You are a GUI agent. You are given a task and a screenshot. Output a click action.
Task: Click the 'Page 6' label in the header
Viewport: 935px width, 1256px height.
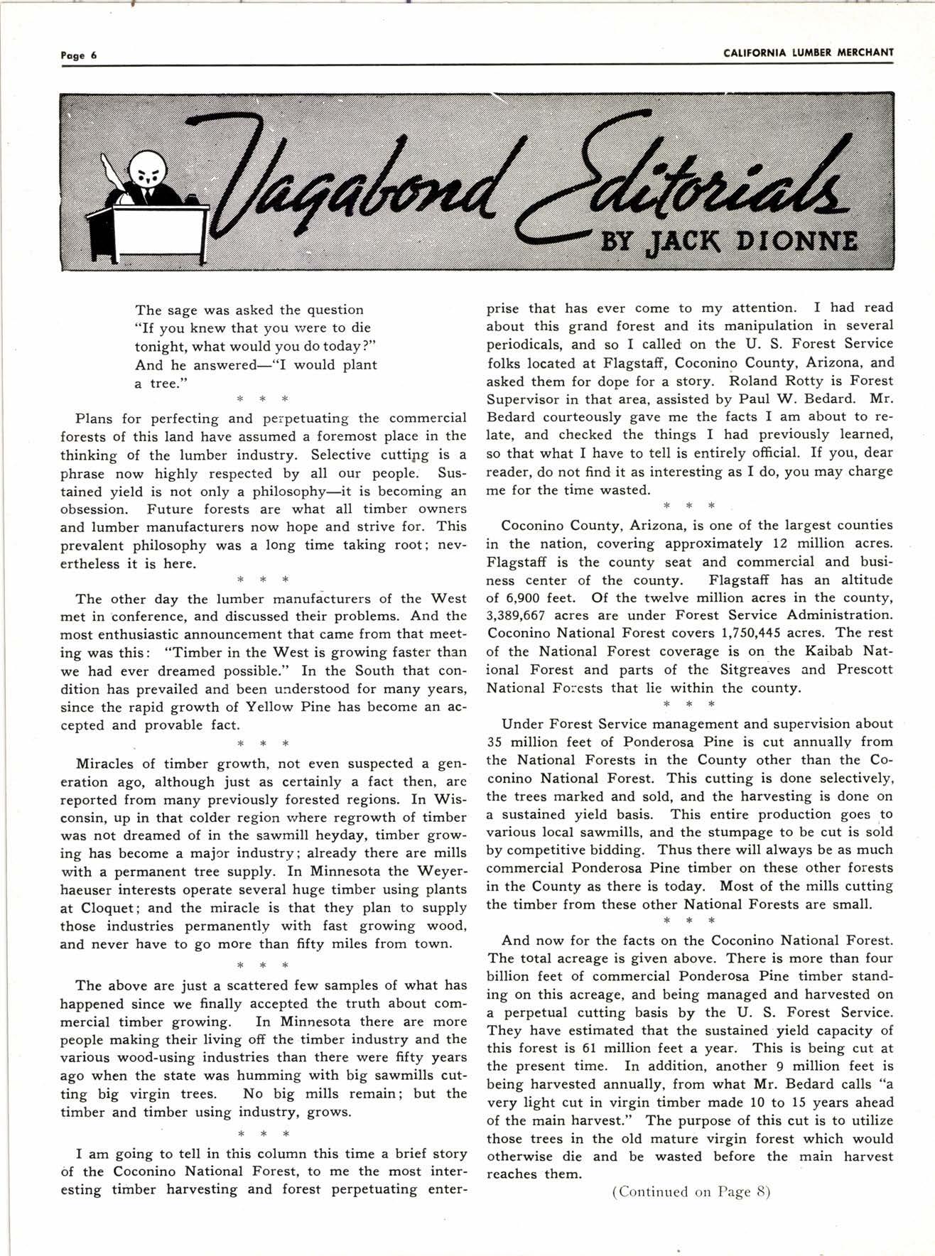78,55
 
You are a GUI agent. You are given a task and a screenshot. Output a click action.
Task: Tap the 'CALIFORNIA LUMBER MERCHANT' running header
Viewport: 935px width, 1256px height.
808,53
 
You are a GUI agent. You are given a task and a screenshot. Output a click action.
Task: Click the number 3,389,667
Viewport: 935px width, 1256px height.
517,615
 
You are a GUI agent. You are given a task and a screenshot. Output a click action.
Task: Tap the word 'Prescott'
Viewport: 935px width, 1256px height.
862,670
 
